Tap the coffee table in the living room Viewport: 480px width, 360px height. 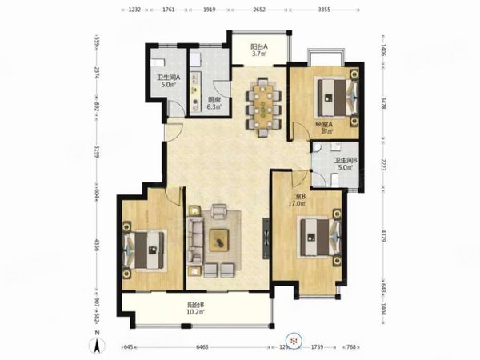coord(219,239)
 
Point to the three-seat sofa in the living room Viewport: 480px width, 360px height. coord(194,238)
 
